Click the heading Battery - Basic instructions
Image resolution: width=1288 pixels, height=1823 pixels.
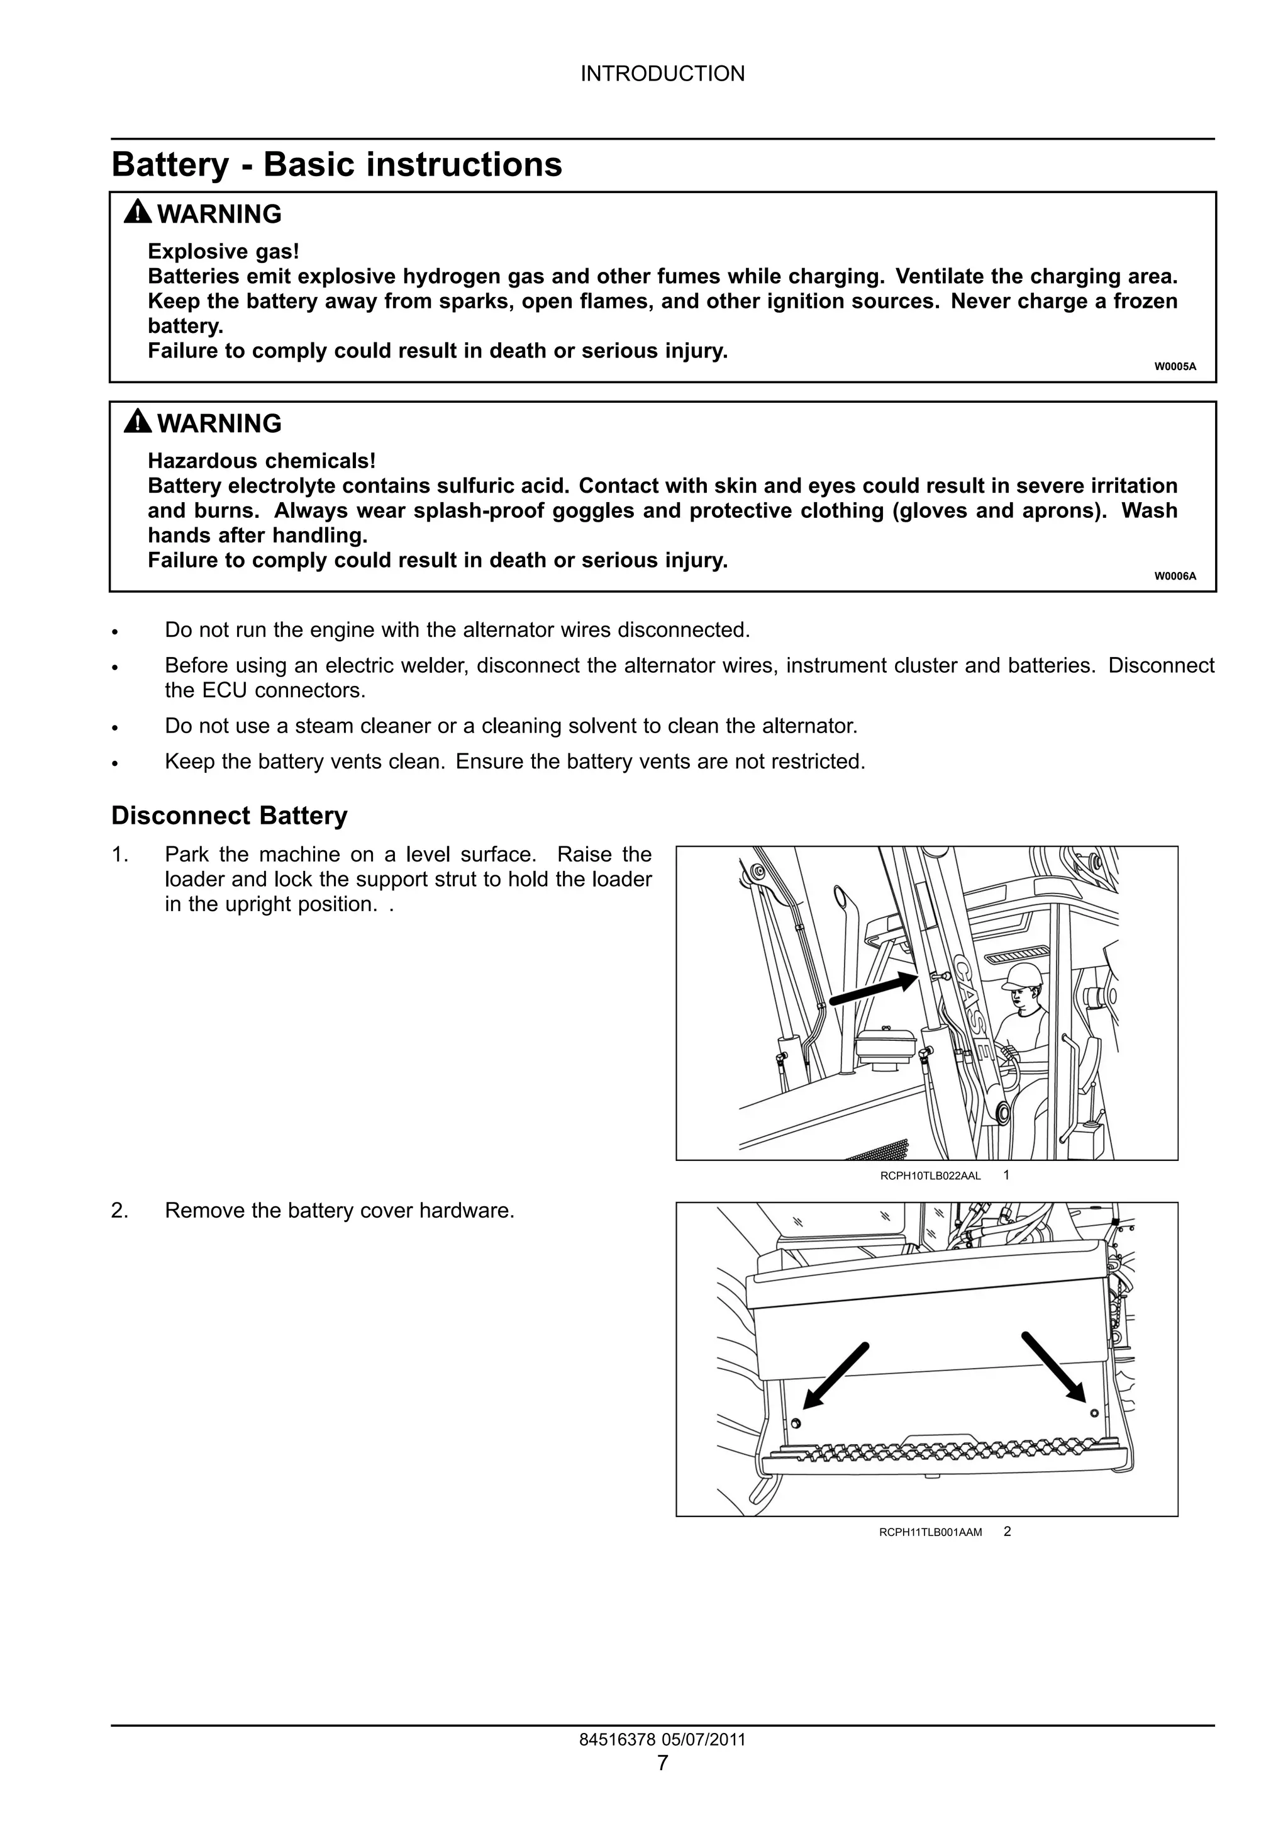336,164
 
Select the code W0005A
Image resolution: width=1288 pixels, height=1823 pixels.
1175,366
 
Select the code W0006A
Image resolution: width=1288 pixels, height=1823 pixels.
1175,576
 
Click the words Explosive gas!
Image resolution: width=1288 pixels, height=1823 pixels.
224,252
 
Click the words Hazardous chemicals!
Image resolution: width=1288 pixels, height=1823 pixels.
261,461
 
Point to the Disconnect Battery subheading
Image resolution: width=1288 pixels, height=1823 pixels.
230,816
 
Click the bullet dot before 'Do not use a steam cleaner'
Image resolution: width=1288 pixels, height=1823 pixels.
116,727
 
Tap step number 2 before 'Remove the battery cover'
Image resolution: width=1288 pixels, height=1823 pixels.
119,1210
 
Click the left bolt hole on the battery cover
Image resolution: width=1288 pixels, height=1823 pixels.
797,1423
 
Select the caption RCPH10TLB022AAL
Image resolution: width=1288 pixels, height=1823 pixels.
930,1176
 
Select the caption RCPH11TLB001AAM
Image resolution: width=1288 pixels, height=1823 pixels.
930,1532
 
